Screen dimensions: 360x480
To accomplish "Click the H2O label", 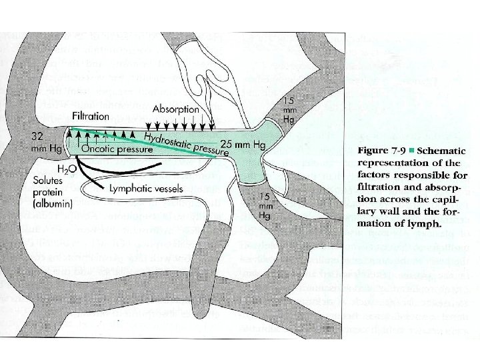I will [65, 169].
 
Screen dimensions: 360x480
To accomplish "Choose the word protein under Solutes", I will [48, 193].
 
